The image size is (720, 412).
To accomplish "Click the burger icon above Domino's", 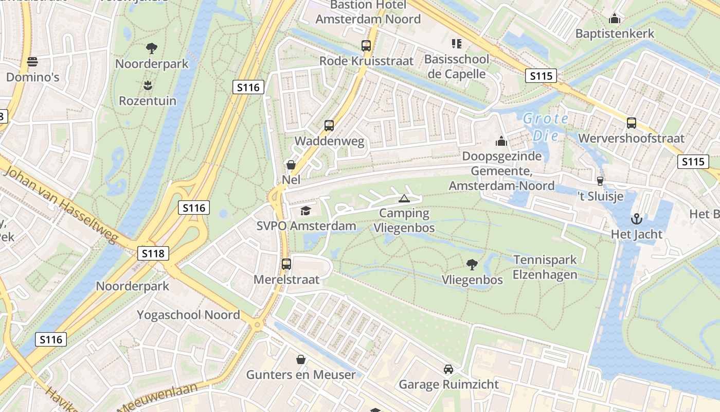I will (32, 62).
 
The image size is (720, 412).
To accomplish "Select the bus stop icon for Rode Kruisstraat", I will (366, 45).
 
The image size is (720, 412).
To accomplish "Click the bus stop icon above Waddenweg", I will (329, 126).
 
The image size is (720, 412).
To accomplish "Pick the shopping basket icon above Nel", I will (291, 165).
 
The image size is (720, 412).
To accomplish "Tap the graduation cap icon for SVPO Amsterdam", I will (306, 211).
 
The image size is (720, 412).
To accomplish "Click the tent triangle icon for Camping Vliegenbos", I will (404, 198).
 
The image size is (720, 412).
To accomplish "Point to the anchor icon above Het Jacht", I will (637, 219).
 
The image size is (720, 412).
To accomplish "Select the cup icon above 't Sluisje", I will (600, 181).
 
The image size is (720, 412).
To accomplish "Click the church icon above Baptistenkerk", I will (615, 19).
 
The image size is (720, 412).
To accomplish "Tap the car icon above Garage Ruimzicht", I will (448, 369).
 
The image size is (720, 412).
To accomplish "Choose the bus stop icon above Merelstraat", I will (286, 264).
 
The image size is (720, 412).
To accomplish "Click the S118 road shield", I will (153, 253).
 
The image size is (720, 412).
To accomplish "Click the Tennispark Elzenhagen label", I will (545, 267).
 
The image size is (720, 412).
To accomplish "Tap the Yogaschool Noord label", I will (188, 315).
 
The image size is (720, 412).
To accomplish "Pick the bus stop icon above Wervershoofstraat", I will (632, 123).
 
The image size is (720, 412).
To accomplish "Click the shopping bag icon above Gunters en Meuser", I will (301, 359).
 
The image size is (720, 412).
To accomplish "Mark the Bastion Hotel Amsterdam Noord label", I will (368, 12).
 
